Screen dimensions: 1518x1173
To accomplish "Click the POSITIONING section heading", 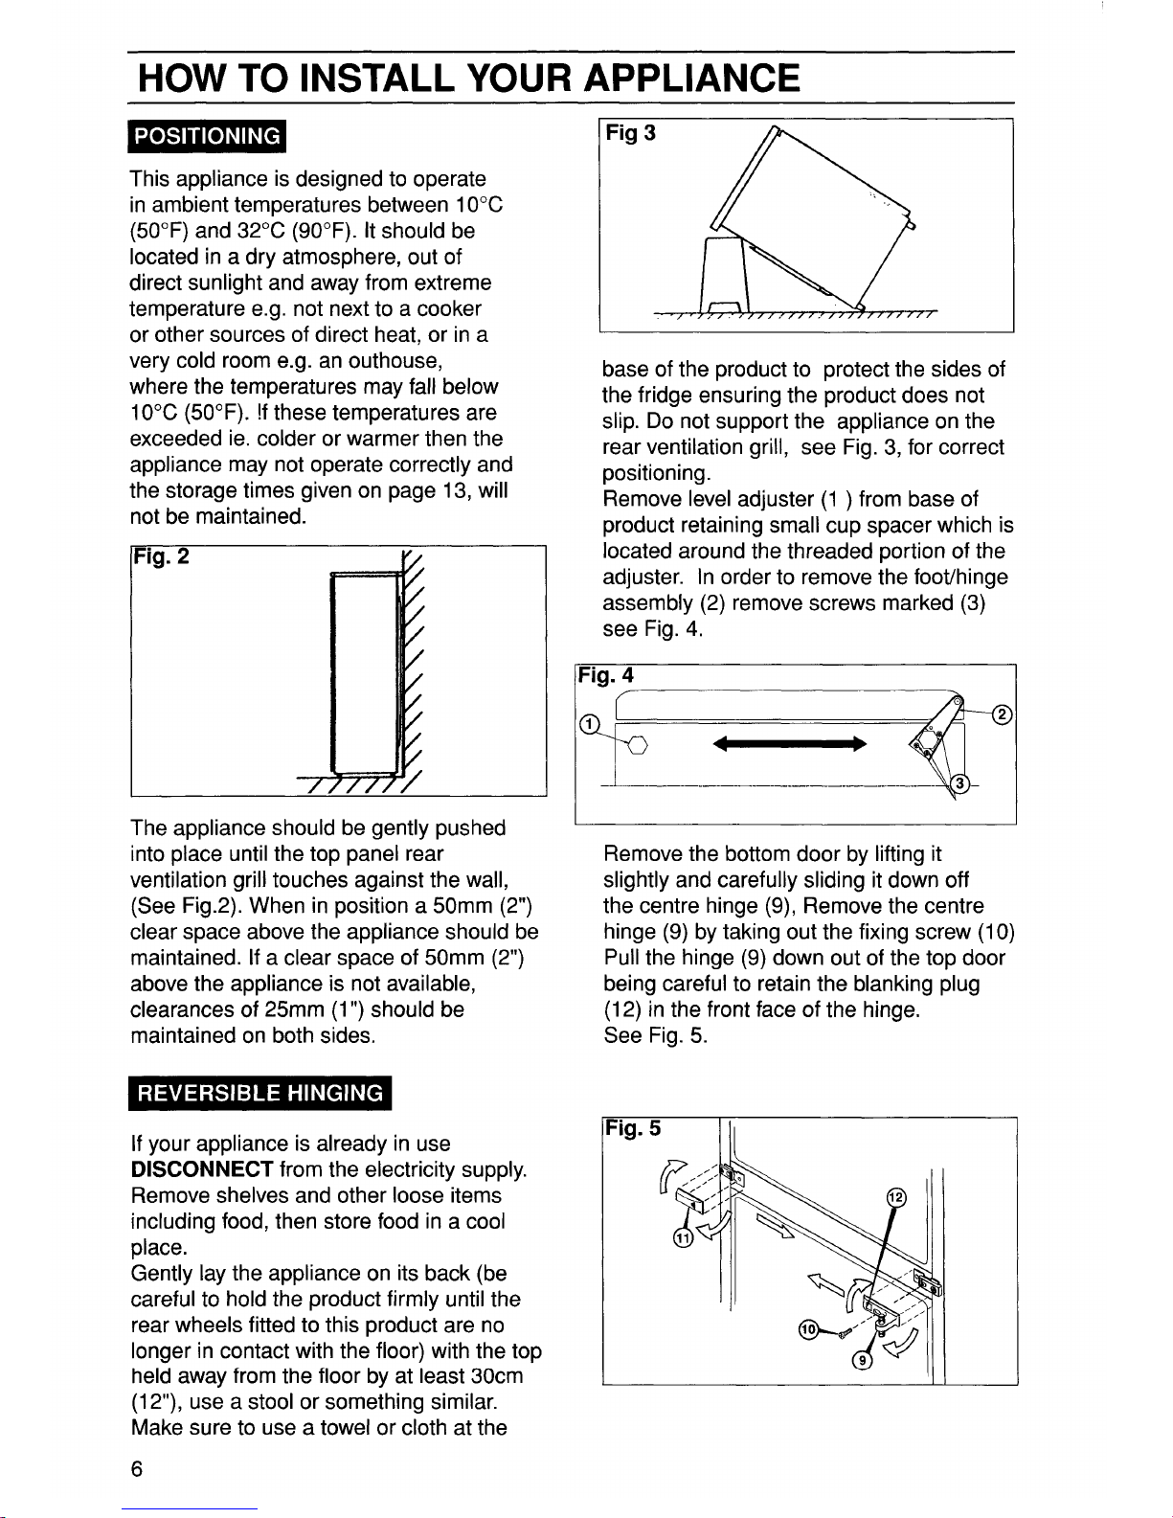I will tap(207, 136).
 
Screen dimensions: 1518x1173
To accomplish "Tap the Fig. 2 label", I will tap(161, 555).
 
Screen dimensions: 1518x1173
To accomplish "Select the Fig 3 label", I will tap(629, 132).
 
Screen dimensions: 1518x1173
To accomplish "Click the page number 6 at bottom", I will tap(138, 1470).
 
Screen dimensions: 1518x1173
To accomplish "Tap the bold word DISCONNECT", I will tap(201, 1169).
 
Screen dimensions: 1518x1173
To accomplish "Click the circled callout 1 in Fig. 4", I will tap(591, 721).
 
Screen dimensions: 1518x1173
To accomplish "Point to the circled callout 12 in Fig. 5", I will tap(896, 1198).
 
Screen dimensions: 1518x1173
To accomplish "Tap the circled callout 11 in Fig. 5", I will tap(682, 1240).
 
